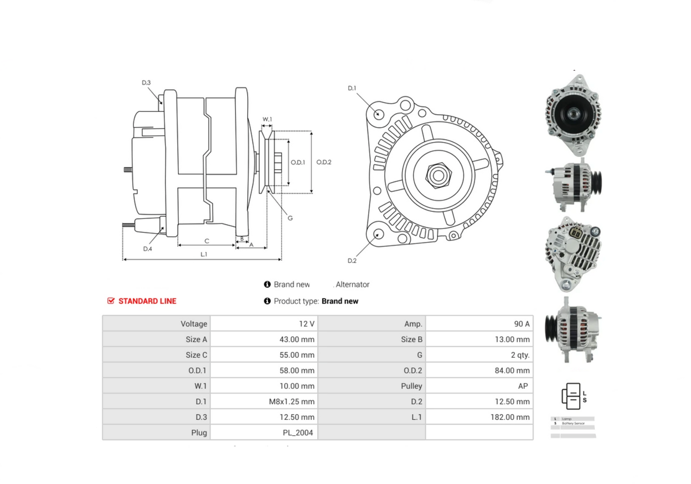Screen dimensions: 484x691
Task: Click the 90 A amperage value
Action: [x=521, y=324]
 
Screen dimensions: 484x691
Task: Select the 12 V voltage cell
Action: [x=306, y=324]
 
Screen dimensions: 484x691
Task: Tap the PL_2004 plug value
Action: [x=297, y=432]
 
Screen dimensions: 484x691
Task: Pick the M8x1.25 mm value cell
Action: [x=291, y=401]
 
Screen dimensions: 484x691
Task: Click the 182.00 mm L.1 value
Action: [x=510, y=417]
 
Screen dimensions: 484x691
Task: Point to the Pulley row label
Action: [x=411, y=386]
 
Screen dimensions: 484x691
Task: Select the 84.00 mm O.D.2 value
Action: [x=512, y=370]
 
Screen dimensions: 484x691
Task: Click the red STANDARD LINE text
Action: [x=147, y=301]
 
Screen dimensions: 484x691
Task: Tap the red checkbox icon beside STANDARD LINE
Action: [x=111, y=301]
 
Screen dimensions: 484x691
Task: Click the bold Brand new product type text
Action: [x=340, y=301]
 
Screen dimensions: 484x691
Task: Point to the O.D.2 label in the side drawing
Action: [x=324, y=162]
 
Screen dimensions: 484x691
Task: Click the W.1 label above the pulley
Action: [x=267, y=120]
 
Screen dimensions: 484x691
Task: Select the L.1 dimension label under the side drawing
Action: [x=204, y=254]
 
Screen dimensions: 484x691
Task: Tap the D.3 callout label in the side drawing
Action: [x=146, y=83]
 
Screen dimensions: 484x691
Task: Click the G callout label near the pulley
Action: [x=290, y=218]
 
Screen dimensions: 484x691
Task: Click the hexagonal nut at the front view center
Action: [x=438, y=175]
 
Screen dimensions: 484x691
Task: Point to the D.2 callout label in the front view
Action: [x=352, y=261]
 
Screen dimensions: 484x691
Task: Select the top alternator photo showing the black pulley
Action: [x=573, y=115]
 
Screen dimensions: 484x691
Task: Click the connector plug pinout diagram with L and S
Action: [x=573, y=396]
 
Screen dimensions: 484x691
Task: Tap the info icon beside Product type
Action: [x=267, y=301]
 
